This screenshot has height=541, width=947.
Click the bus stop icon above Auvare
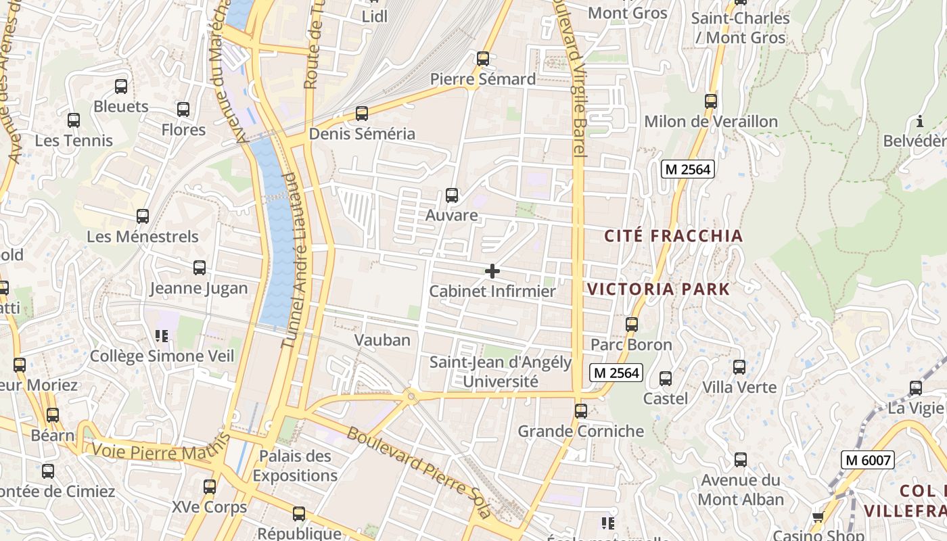452,195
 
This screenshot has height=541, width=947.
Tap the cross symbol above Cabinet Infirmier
492,271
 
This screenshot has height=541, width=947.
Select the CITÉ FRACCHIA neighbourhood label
673,236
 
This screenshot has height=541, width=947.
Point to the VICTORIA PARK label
658,289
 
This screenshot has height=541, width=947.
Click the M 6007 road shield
869,461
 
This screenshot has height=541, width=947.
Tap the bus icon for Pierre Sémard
482,59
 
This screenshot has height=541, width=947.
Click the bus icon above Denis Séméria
362,113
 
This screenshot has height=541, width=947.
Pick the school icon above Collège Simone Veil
161,335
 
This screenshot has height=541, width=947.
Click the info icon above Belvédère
920,122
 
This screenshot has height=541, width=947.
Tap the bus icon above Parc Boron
631,324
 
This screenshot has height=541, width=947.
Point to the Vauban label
383,339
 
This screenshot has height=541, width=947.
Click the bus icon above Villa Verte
739,367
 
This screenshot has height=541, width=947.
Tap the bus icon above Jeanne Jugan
199,267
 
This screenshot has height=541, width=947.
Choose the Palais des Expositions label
295,465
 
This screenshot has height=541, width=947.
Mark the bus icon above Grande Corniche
580,410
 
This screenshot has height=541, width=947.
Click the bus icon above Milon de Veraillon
710,101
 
